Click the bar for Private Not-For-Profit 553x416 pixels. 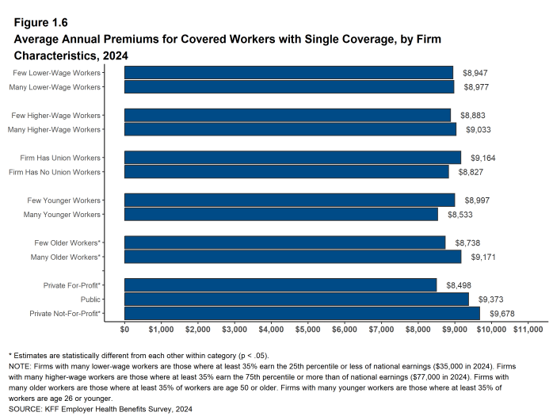click(x=302, y=314)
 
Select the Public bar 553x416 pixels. click(x=296, y=300)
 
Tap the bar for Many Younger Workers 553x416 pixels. click(x=281, y=214)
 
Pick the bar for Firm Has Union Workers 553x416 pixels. click(x=292, y=157)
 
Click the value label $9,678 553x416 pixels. click(x=502, y=314)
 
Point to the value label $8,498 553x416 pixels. click(x=459, y=284)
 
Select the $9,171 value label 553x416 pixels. click(x=483, y=257)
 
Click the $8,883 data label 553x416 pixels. click(x=473, y=115)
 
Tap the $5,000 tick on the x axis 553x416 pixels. click(x=307, y=329)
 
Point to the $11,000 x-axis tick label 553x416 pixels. click(x=530, y=329)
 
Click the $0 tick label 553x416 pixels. click(x=125, y=329)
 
